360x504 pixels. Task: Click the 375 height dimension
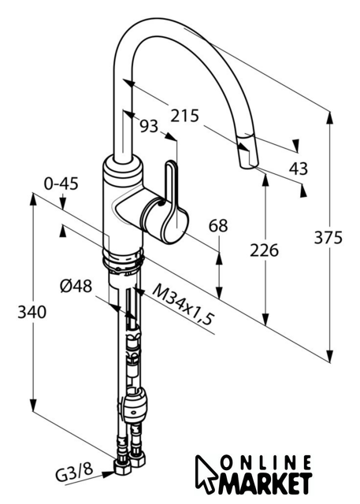tap(328, 238)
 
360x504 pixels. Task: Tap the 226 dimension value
tap(264, 250)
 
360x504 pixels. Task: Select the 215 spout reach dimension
tap(184, 116)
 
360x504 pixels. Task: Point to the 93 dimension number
tap(149, 126)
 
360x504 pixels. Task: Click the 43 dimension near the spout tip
tap(299, 168)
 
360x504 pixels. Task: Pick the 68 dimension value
tap(218, 226)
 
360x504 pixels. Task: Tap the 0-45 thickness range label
tap(61, 184)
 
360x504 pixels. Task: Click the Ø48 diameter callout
tap(76, 286)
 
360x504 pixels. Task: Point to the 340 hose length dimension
tap(32, 312)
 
